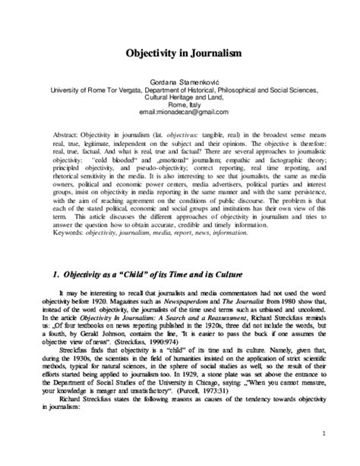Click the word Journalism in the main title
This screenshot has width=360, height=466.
[206, 55]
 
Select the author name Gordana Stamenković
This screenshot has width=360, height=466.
[181, 79]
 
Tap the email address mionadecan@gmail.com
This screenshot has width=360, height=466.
[181, 111]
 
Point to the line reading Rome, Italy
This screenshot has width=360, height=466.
[180, 103]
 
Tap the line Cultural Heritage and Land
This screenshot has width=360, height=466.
[180, 95]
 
